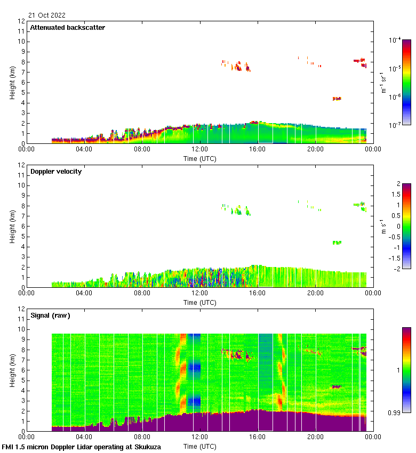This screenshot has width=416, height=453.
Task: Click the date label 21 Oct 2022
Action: click(x=47, y=15)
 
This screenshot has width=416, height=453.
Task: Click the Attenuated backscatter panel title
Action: click(x=67, y=28)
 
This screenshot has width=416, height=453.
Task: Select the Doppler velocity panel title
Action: click(x=56, y=172)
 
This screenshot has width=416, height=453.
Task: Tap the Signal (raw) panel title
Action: click(x=50, y=316)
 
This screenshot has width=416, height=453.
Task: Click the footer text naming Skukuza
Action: click(x=81, y=447)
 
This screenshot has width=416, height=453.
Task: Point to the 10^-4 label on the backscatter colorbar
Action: click(x=396, y=41)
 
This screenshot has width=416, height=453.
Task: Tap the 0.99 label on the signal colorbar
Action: click(x=395, y=412)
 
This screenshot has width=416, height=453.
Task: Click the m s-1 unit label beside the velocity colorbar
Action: click(x=383, y=226)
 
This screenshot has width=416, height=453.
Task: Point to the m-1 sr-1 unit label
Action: click(x=383, y=83)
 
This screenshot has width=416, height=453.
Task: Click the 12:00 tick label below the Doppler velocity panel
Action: click(x=200, y=293)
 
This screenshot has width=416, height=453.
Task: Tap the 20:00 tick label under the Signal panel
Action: click(x=315, y=436)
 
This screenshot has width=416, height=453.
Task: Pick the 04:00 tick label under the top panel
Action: click(x=84, y=149)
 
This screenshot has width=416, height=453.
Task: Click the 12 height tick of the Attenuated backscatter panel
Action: click(x=22, y=21)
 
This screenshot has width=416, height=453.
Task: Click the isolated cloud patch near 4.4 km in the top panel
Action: click(x=337, y=99)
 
